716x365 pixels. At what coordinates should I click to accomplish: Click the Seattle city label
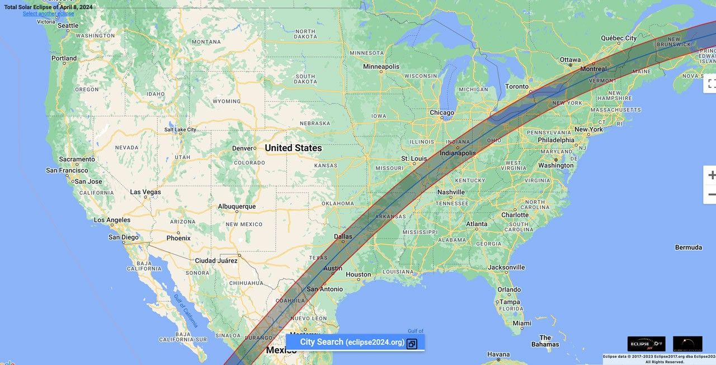coord(68,25)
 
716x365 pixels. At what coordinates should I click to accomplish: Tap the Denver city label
coord(243,148)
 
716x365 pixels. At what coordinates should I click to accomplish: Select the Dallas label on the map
coord(343,237)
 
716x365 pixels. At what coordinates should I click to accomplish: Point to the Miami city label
coord(522,323)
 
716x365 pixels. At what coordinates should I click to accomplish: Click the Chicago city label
coord(442,113)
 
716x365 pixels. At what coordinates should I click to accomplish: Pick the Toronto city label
coord(516,86)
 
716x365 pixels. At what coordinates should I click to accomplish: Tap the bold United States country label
coord(293,148)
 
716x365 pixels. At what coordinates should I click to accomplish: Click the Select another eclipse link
coord(48,13)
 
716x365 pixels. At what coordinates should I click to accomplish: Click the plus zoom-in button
coord(711,175)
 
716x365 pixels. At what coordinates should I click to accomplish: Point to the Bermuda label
coord(688,247)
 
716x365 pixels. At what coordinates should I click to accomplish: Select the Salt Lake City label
coord(180,130)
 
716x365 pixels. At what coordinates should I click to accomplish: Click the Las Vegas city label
coord(145,192)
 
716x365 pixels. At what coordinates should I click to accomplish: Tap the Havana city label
coord(498,354)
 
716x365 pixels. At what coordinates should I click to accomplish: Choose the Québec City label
coord(619,38)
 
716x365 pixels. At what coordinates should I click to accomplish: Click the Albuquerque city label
coord(237,207)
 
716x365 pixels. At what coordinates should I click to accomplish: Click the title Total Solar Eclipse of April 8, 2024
coord(48,7)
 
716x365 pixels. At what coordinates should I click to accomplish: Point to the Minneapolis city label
coord(381,66)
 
